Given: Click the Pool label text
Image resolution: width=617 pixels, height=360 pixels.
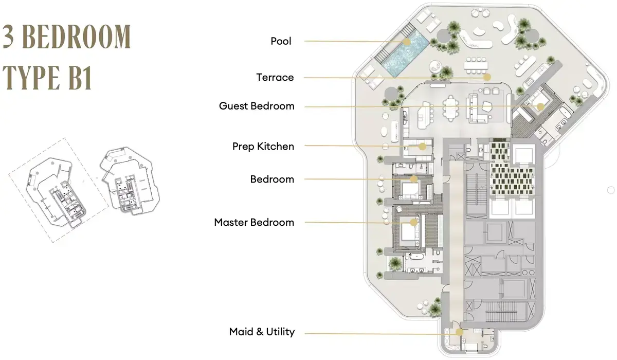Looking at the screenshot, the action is [x=281, y=41].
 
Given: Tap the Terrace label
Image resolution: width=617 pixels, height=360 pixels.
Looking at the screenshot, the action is [x=275, y=77].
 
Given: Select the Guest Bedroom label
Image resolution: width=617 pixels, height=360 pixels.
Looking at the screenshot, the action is [x=257, y=106].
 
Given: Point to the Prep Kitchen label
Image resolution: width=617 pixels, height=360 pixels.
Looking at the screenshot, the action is [x=263, y=146].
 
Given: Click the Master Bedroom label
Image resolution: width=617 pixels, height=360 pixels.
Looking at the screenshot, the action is [x=254, y=222].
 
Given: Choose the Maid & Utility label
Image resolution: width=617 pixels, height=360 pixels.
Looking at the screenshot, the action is [x=262, y=332].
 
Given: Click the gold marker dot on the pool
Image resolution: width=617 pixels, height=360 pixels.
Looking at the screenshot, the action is [x=407, y=42].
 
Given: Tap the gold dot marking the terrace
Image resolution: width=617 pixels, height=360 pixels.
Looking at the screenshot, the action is [x=487, y=77].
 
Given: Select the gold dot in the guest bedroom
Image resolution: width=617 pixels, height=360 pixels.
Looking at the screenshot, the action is [x=540, y=106].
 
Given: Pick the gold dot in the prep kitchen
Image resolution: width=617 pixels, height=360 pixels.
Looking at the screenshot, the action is [x=422, y=147].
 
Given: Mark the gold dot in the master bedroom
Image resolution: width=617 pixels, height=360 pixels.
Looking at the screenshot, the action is [x=413, y=222].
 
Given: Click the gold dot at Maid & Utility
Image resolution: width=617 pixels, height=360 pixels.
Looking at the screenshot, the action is [x=459, y=332].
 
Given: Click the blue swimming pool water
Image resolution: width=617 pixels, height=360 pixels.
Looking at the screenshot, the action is [x=406, y=52].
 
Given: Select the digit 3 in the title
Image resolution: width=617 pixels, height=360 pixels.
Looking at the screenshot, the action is [x=8, y=37].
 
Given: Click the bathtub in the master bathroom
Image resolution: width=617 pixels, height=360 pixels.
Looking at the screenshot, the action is [x=416, y=257].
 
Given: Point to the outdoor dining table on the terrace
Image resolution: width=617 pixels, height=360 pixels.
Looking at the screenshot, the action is [x=476, y=65].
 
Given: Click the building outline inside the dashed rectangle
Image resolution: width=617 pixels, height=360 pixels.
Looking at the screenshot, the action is [x=56, y=193].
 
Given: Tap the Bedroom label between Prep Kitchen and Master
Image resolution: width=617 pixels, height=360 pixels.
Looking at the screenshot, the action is [x=272, y=179].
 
